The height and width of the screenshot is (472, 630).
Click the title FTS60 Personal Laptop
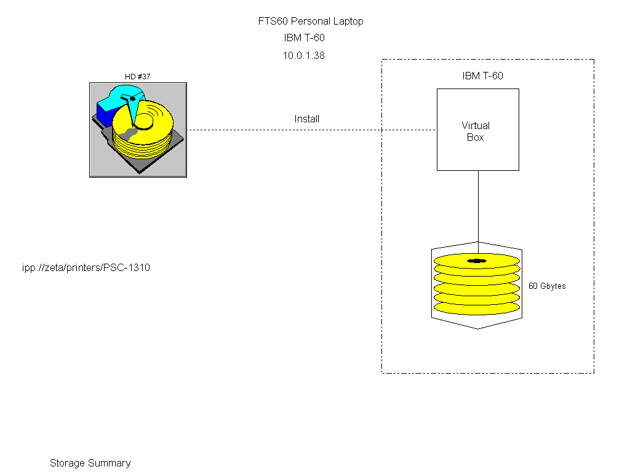coord(311,21)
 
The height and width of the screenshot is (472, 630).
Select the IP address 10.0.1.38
coord(304,55)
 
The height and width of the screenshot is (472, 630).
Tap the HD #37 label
coord(138,77)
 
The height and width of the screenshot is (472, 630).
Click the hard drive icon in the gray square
coord(138,130)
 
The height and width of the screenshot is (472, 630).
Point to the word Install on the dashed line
coord(307,119)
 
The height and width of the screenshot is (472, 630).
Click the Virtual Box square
coord(477,130)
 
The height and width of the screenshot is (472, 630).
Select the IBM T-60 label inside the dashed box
coord(483,76)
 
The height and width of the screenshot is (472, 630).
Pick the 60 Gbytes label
coord(547,286)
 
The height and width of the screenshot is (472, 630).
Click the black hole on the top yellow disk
coord(477,261)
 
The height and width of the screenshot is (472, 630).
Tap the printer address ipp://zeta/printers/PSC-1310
coord(86,268)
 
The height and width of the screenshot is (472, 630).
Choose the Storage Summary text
coord(90,463)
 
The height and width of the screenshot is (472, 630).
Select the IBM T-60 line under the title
coord(304,38)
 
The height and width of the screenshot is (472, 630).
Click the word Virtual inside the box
coord(476,125)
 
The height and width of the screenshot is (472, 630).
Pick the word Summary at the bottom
coord(109,463)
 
